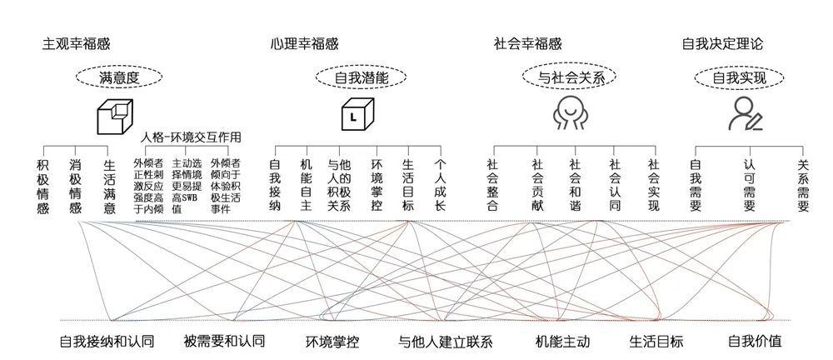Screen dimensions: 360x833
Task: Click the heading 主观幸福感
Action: tap(76, 44)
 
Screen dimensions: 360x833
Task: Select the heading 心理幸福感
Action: tap(305, 44)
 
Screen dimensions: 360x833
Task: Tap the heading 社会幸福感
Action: tap(527, 44)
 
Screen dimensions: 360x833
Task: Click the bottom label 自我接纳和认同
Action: tap(108, 341)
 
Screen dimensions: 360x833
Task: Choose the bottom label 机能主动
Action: tap(561, 341)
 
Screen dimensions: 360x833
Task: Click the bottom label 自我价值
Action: tap(755, 341)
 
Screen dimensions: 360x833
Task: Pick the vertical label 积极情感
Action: tap(43, 187)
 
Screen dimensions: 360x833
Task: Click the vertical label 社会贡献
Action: tap(536, 187)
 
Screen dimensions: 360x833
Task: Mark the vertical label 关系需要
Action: tap(803, 187)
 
